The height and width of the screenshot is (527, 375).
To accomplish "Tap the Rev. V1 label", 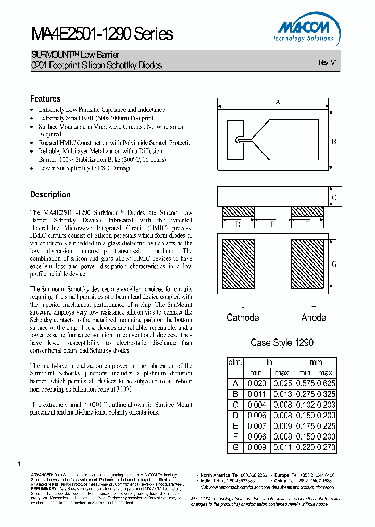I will (328, 62).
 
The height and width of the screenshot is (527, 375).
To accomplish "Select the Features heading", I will (45, 99).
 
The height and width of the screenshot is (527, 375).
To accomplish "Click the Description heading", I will (50, 195).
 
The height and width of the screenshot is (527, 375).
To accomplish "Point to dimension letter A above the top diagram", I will (278, 102).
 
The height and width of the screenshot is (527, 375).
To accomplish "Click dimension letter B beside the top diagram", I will (334, 141).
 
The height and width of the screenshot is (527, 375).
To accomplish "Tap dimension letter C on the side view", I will (334, 198).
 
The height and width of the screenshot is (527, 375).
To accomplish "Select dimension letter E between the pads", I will (272, 225).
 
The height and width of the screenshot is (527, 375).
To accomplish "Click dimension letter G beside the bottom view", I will (334, 265).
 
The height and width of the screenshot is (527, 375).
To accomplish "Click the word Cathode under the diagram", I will (242, 318).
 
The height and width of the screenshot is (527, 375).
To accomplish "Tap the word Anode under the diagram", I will (314, 318).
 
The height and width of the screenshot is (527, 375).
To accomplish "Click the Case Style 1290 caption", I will (282, 343).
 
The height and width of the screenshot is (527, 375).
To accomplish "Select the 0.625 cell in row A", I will (326, 384).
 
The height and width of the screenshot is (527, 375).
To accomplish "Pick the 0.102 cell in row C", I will (305, 405).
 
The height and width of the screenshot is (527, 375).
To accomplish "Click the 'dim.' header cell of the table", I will (235, 362).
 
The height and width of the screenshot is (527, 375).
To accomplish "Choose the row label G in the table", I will (235, 447).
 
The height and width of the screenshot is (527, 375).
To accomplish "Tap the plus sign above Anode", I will (314, 307).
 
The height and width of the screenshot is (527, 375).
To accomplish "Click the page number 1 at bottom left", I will (19, 463).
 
